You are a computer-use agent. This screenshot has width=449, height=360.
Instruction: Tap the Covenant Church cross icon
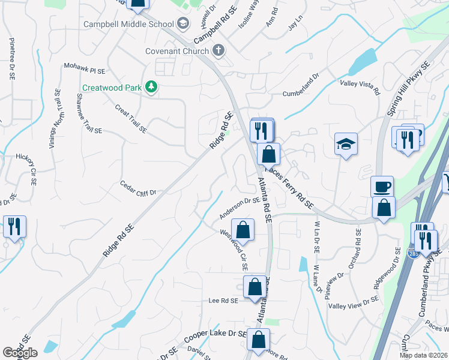(218, 51)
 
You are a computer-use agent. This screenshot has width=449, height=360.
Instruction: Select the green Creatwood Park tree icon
(151, 88)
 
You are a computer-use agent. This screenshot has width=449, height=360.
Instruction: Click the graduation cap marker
(346, 144)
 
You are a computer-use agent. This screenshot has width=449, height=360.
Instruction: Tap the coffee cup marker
(382, 187)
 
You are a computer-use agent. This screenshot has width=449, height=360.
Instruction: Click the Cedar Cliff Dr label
(138, 188)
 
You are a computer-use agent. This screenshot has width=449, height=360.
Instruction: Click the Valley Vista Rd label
(360, 88)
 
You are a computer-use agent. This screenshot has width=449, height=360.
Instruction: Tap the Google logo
(20, 353)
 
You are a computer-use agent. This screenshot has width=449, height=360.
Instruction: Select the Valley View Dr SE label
(354, 302)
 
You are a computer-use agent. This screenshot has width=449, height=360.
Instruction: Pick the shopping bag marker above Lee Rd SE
(255, 287)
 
